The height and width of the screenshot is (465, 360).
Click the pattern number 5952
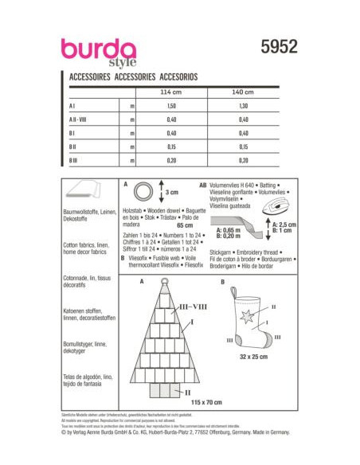(x=278, y=47)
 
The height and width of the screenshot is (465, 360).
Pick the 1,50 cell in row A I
(x=170, y=104)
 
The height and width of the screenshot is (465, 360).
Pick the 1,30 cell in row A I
(x=244, y=104)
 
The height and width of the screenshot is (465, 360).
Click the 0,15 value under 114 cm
(x=170, y=147)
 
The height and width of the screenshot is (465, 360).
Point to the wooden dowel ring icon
(x=144, y=192)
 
